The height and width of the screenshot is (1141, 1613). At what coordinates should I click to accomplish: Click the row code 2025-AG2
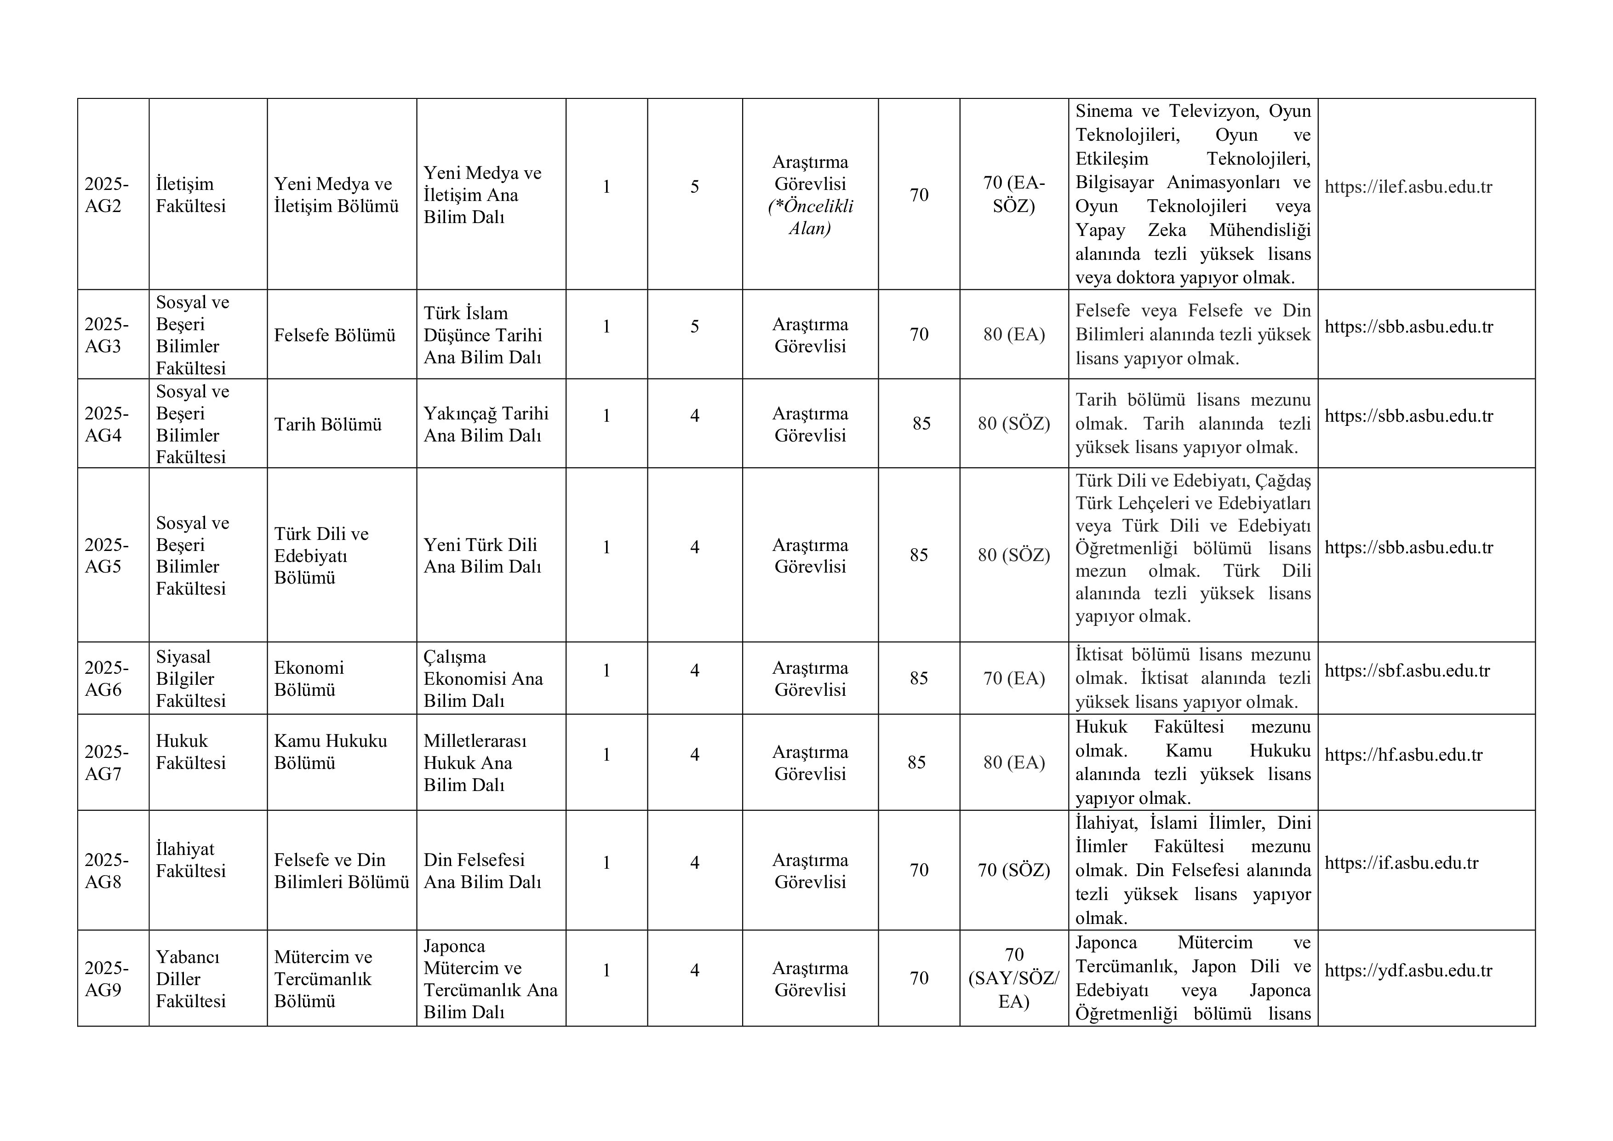pyautogui.click(x=106, y=195)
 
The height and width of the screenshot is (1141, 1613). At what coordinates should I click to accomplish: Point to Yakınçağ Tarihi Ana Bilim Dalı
pyautogui.click(x=486, y=424)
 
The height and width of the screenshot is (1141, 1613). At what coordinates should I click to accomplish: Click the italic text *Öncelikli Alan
pyautogui.click(x=810, y=217)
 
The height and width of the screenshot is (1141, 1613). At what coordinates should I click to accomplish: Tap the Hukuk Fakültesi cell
pyautogui.click(x=190, y=752)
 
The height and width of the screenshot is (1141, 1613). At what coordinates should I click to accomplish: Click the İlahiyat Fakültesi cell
pyautogui.click(x=190, y=860)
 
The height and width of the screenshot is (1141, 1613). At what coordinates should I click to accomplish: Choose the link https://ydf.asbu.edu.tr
pyautogui.click(x=1408, y=971)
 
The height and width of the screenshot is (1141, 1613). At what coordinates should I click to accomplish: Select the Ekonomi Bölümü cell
pyautogui.click(x=309, y=679)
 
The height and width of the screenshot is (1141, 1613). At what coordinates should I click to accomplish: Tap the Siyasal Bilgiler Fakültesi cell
pyautogui.click(x=190, y=679)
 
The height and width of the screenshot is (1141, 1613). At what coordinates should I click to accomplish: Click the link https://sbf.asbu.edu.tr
pyautogui.click(x=1407, y=671)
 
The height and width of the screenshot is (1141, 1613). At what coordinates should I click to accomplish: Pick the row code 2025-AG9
pyautogui.click(x=106, y=979)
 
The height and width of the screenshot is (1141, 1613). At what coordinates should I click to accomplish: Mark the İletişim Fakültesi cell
pyautogui.click(x=190, y=195)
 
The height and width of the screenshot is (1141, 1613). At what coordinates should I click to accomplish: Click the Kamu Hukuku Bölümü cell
pyautogui.click(x=330, y=752)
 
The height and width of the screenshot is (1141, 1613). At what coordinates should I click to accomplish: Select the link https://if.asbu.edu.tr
pyautogui.click(x=1401, y=864)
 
